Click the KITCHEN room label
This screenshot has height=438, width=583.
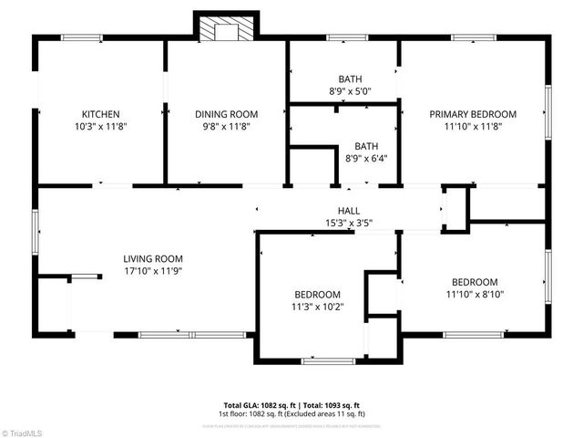pyautogui.click(x=101, y=114)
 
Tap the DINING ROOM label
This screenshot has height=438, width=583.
pyautogui.click(x=227, y=114)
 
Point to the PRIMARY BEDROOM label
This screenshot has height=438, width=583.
pyautogui.click(x=473, y=114)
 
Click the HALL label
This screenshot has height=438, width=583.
pyautogui.click(x=349, y=210)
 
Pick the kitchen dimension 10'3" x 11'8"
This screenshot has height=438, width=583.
pyautogui.click(x=101, y=127)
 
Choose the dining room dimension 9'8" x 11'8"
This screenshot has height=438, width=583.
pyautogui.click(x=227, y=127)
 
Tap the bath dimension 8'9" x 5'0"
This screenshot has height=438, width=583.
pyautogui.click(x=344, y=92)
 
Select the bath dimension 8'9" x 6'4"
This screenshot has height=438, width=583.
pyautogui.click(x=365, y=159)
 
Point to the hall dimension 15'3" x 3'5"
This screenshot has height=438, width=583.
pyautogui.click(x=349, y=223)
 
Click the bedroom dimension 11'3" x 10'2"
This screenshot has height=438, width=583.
pyautogui.click(x=317, y=308)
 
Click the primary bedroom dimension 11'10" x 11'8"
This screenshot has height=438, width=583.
pyautogui.click(x=473, y=127)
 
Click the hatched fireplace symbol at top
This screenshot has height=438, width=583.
pyautogui.click(x=219, y=29)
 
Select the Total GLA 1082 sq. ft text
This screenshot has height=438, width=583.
pyautogui.click(x=258, y=405)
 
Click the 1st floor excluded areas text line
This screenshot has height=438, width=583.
pyautogui.click(x=291, y=414)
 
